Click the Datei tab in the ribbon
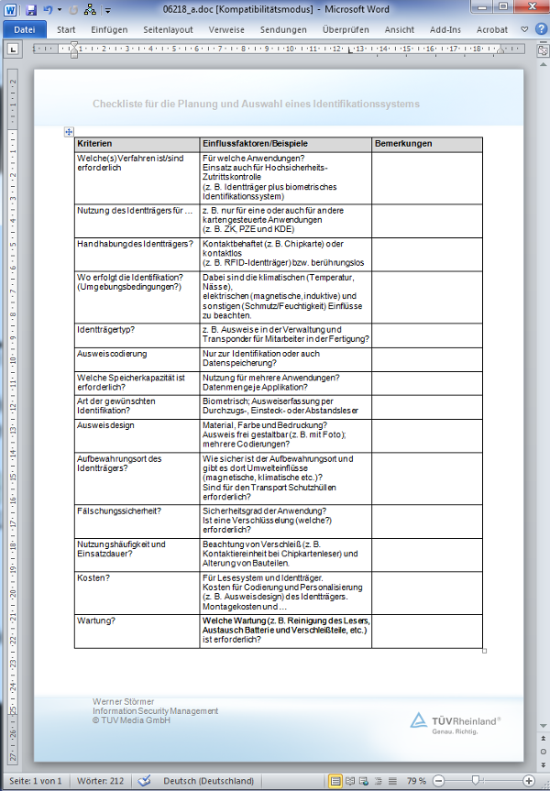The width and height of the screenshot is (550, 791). point(25,29)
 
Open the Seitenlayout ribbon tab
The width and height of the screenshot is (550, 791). point(168,29)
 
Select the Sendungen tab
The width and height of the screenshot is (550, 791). point(283,29)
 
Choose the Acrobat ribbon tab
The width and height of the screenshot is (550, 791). point(491,29)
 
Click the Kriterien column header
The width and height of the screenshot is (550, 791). point(95,145)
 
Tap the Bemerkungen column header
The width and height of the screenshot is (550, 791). point(403,145)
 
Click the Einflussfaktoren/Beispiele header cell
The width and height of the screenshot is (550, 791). point(256,145)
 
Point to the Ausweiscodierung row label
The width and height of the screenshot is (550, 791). point(112,354)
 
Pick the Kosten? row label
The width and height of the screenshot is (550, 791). point(93,578)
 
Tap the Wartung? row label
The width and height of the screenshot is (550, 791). point(95,620)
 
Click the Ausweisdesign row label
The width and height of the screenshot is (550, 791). point(105,425)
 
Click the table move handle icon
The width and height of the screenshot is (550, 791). point(69,133)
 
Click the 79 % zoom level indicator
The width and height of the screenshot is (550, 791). point(416,781)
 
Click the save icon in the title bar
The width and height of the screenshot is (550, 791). point(31,9)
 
